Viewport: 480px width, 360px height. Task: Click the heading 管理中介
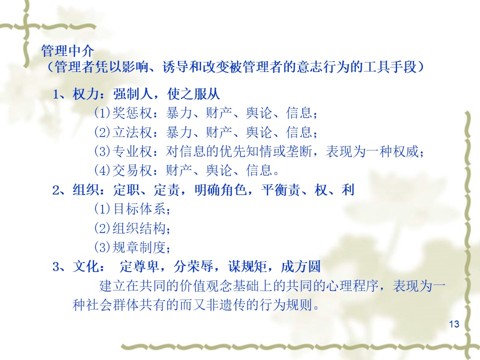[67, 50]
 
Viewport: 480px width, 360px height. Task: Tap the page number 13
[454, 324]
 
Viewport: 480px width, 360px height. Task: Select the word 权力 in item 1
[86, 94]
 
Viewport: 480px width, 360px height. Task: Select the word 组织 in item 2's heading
[86, 190]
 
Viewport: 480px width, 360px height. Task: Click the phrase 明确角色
[220, 190]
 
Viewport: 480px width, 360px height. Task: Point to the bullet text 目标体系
[139, 209]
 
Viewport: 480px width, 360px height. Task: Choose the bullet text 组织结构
[139, 228]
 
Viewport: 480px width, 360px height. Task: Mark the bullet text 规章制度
[139, 247]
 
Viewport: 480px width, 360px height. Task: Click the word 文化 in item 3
[86, 266]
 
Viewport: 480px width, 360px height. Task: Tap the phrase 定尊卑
[139, 266]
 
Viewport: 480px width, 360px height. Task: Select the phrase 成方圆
[301, 266]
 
